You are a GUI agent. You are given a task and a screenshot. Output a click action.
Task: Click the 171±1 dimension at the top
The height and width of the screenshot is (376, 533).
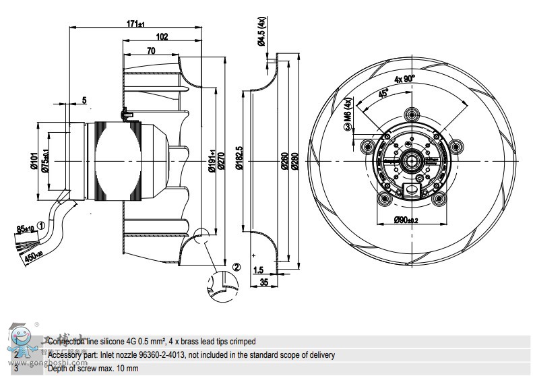[x=135, y=24]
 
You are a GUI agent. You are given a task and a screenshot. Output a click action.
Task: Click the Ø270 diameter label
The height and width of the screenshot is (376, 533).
[x=230, y=162]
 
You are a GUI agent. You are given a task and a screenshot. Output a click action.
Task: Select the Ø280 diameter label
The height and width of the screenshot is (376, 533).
[x=294, y=162]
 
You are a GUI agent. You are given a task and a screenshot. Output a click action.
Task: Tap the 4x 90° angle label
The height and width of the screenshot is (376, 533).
[x=405, y=79]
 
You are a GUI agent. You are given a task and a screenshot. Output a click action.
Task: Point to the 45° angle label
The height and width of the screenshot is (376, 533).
[x=383, y=94]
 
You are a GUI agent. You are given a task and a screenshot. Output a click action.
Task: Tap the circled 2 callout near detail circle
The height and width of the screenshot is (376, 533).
[x=236, y=266]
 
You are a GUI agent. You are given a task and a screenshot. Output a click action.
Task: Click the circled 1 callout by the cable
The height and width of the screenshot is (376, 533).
[x=41, y=226]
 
